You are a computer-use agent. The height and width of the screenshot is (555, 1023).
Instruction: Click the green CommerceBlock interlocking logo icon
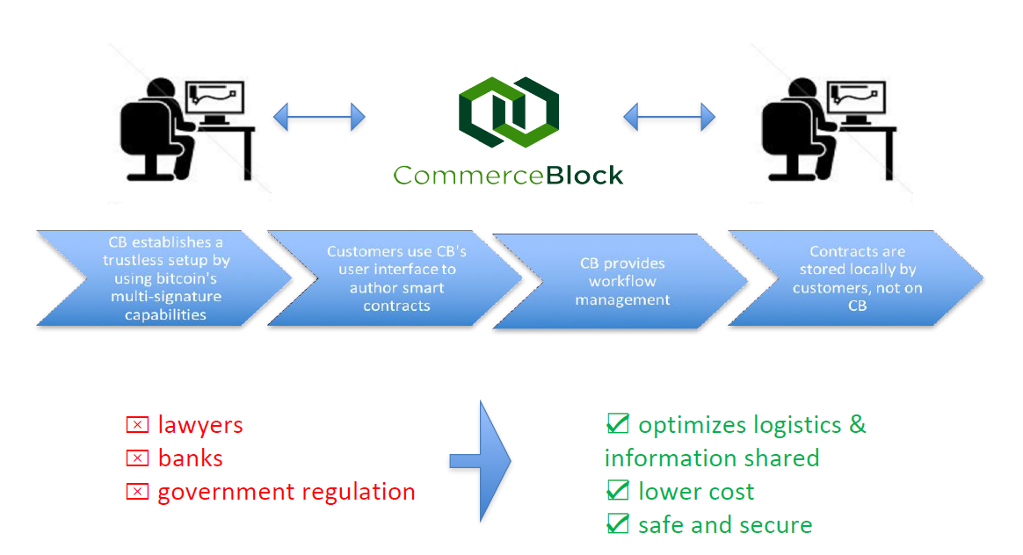click(509, 112)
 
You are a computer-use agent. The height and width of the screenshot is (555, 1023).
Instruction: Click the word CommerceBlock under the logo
click(508, 175)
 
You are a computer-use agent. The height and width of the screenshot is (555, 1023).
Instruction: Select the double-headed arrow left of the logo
click(319, 116)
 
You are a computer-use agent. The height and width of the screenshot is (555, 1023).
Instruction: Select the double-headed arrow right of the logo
click(670, 116)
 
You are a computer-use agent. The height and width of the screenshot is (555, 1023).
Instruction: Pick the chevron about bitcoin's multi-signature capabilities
click(163, 278)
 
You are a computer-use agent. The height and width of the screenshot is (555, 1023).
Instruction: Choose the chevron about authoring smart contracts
click(395, 278)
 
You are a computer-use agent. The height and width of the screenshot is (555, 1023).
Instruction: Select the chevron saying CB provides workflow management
click(622, 281)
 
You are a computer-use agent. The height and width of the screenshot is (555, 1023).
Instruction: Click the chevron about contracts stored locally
click(856, 278)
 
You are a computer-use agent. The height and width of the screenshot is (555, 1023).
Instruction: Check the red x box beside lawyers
click(137, 426)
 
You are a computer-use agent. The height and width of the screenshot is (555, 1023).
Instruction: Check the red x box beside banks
click(137, 458)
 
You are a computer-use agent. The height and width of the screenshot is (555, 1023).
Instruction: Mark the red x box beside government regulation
click(137, 492)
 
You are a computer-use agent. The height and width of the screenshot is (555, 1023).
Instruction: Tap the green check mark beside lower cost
click(618, 491)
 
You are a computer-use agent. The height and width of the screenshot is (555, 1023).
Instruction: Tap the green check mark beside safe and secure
click(618, 524)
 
